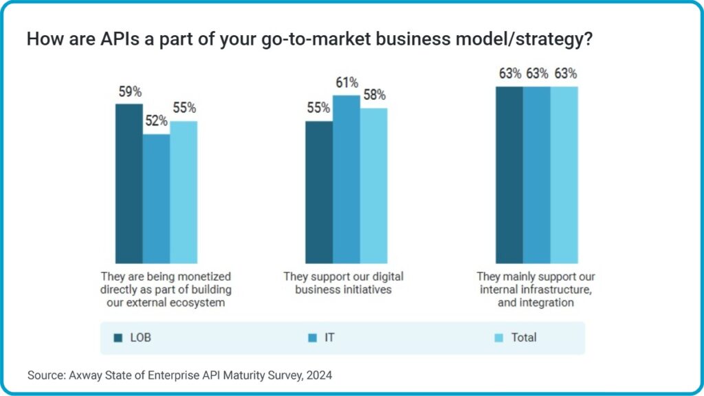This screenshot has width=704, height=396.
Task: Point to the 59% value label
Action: (129, 91)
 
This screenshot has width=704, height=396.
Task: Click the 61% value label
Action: (346, 83)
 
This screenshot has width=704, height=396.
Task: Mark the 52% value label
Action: (156, 121)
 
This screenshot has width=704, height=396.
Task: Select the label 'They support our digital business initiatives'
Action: (343, 283)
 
